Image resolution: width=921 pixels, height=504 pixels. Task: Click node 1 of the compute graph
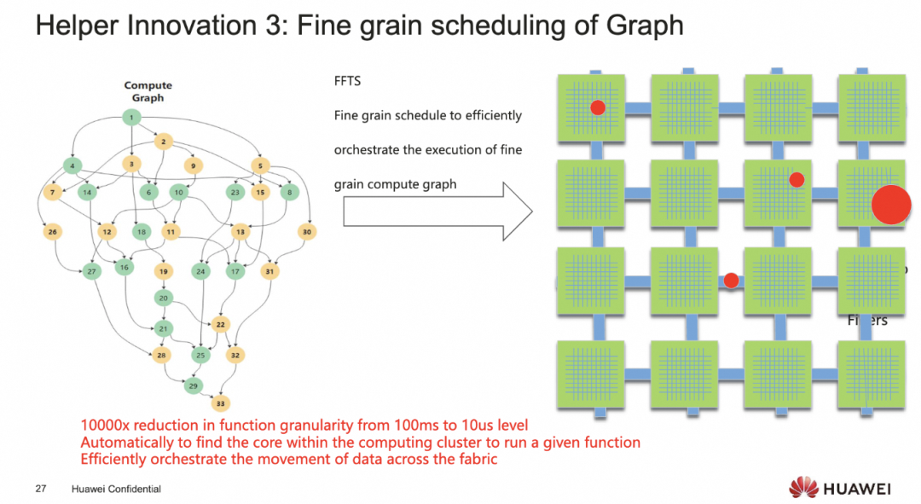131,117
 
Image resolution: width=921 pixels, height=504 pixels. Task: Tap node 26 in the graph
52,232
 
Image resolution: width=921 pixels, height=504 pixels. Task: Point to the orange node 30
307,231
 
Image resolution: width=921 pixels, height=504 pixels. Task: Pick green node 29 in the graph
194,386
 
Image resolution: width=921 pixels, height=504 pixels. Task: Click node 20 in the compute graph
163,298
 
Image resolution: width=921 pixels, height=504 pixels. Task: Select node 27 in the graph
91,272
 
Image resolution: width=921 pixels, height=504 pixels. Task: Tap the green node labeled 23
235,193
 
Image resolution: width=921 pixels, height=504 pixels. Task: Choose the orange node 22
221,324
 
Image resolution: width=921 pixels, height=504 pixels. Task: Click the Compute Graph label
148,91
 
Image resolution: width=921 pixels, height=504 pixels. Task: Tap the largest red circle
891,205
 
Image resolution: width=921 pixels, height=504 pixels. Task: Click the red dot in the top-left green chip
598,107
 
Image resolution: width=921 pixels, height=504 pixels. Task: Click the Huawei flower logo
803,488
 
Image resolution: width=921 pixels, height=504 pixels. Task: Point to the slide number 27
40,489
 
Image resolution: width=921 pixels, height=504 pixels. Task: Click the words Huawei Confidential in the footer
116,489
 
